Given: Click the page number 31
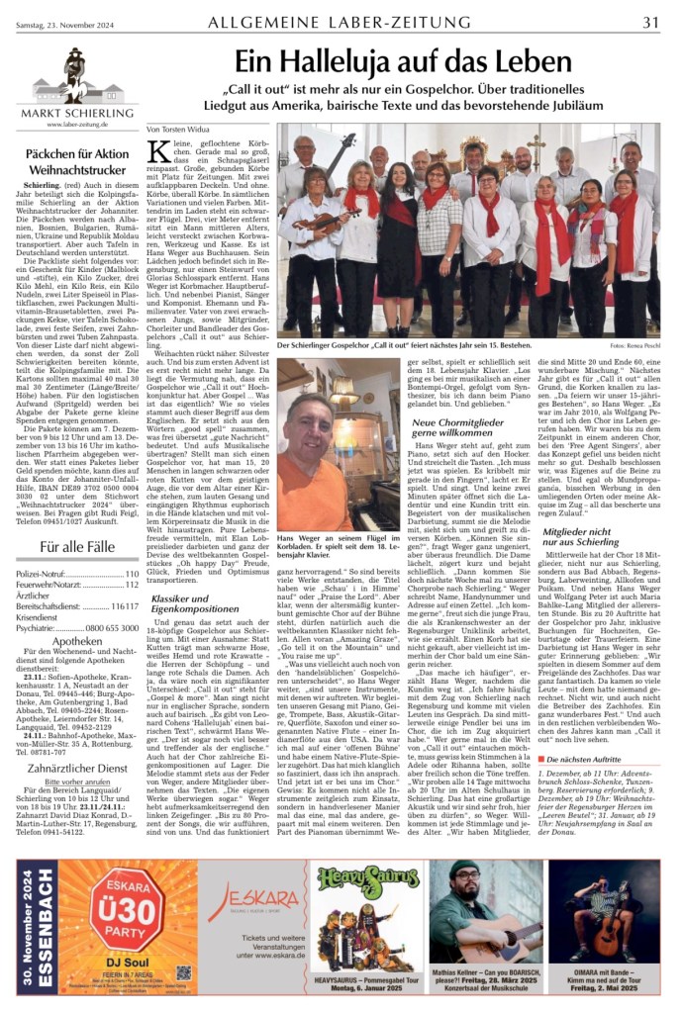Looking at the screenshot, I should point(651,21).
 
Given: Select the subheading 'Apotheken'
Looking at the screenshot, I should point(76,639).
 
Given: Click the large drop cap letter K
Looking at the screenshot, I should point(158,151).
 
